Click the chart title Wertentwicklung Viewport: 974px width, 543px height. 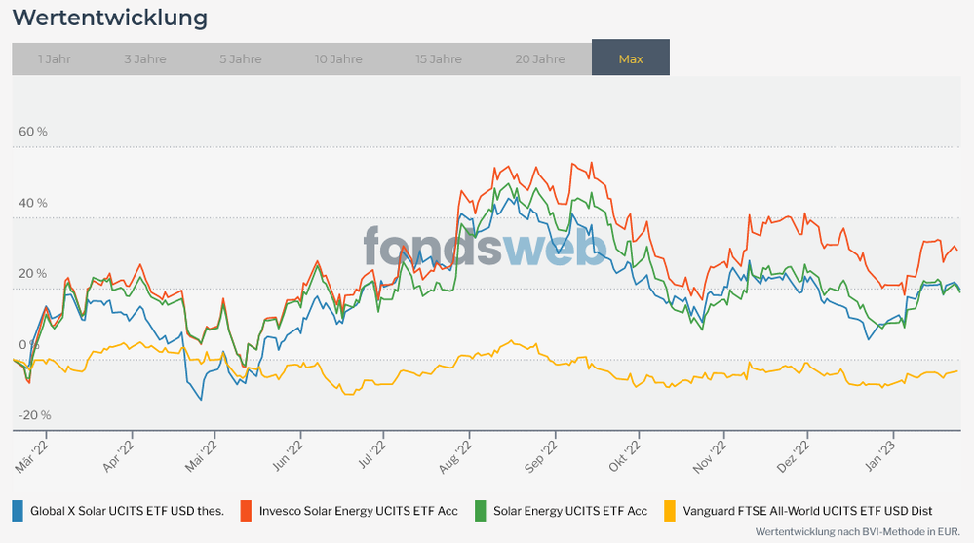point(109,18)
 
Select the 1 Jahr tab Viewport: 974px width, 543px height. point(55,58)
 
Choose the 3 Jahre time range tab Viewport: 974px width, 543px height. point(145,58)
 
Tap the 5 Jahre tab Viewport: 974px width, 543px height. point(241,58)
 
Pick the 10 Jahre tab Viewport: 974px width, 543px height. point(338,58)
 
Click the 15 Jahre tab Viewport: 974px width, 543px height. point(439,58)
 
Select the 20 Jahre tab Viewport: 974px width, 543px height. point(540,58)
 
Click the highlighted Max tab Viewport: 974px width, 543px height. point(631,58)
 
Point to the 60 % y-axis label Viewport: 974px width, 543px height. point(33,132)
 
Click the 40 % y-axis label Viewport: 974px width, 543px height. point(33,203)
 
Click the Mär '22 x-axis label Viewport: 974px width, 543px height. point(32,455)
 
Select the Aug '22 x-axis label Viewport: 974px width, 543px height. point(456,455)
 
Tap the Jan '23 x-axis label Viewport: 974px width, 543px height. point(881,455)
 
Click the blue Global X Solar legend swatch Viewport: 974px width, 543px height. point(18,510)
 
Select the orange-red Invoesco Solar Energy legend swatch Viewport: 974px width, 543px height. point(247,510)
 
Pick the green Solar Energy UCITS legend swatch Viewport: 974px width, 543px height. point(481,510)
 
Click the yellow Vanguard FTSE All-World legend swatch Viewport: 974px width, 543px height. point(670,510)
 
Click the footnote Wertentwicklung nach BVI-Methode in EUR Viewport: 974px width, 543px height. point(858,532)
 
